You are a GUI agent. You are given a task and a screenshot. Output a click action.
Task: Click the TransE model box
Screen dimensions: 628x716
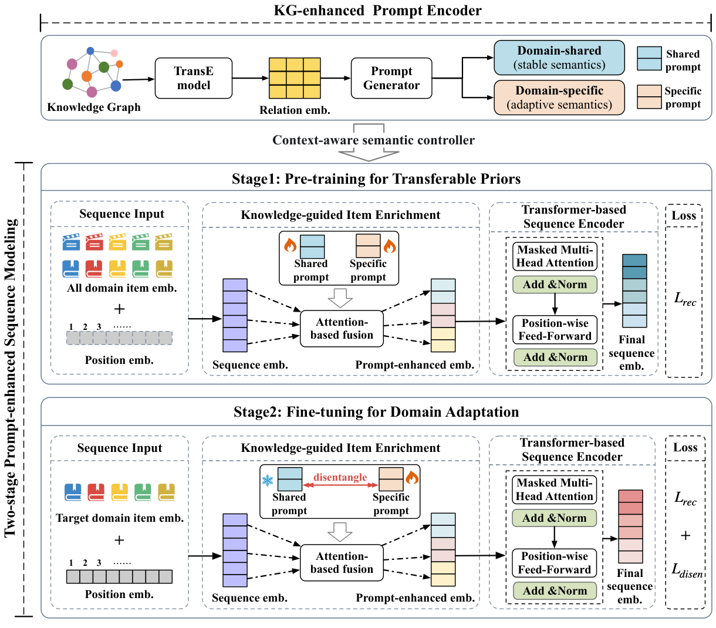pos(194,78)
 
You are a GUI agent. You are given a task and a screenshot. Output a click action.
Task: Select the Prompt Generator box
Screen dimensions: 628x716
pos(391,78)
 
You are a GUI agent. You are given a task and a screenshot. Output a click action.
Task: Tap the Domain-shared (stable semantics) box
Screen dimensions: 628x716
pos(559,58)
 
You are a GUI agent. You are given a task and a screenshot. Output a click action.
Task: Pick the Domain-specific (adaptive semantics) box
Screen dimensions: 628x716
pos(559,97)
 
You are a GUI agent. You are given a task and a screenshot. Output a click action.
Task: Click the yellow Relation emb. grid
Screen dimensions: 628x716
pos(295,78)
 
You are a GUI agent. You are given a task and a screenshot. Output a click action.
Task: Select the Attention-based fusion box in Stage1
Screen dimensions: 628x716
pos(342,329)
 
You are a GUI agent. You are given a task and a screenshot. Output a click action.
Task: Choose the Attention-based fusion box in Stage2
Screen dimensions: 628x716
pos(342,563)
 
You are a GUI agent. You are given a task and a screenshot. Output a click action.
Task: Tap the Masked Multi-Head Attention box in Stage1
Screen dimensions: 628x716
pos(555,256)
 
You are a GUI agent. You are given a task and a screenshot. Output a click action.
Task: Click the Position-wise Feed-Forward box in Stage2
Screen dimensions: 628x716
pos(555,563)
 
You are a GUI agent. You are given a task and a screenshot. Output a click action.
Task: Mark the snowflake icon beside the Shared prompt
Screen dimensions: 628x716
pos(268,481)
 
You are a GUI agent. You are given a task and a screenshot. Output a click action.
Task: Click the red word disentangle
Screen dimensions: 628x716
pos(340,477)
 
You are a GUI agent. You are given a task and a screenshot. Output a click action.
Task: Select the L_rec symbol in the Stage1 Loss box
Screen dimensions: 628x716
pos(685,299)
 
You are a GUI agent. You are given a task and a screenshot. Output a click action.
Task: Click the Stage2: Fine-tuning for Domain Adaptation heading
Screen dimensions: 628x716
pos(376,412)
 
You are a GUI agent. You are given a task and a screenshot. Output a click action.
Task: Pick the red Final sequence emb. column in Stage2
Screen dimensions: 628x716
pos(630,526)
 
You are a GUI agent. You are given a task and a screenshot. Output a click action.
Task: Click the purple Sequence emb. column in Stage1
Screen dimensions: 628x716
pos(235,315)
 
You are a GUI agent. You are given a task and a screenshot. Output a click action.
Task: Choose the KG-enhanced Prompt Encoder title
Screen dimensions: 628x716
pos(377,11)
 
